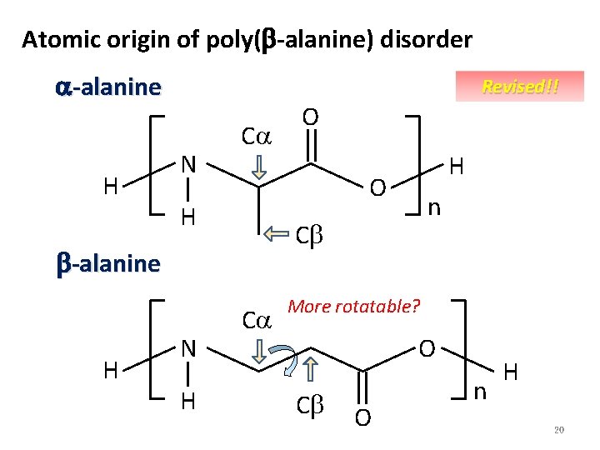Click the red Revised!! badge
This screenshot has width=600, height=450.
click(x=520, y=87)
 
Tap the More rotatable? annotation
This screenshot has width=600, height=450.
click(x=353, y=306)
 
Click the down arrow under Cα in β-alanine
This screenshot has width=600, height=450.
click(x=258, y=352)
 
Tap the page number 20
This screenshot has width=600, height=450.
click(x=559, y=430)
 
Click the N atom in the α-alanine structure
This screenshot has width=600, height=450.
click(x=189, y=163)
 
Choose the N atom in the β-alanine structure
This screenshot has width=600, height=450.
click(x=189, y=348)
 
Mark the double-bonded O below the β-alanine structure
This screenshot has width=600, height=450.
click(x=362, y=417)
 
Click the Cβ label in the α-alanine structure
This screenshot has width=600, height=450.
click(x=310, y=237)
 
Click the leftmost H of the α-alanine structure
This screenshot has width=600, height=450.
click(x=109, y=186)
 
